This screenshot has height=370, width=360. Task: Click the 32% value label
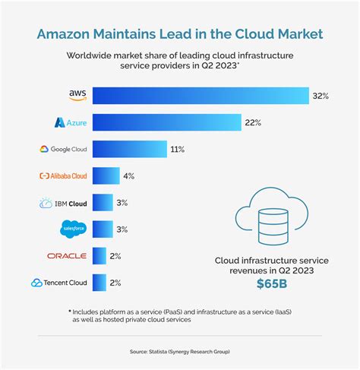pyautogui.click(x=320, y=95)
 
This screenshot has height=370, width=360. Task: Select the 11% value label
pyautogui.click(x=178, y=149)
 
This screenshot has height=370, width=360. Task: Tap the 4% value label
pyautogui.click(x=128, y=176)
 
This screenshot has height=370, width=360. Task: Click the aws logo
pyautogui.click(x=77, y=95)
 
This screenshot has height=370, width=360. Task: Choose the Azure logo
pyautogui.click(x=70, y=122)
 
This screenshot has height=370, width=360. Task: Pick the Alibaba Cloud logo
pyautogui.click(x=63, y=176)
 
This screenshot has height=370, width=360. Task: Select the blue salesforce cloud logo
pyautogui.click(x=74, y=229)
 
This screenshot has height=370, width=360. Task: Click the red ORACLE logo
pyautogui.click(x=67, y=256)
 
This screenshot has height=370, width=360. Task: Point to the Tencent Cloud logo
pyautogui.click(x=59, y=283)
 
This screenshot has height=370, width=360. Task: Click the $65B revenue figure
pyautogui.click(x=272, y=286)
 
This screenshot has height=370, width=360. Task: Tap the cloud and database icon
pyautogui.click(x=271, y=220)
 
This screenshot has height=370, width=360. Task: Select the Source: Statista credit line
pyautogui.click(x=180, y=351)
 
